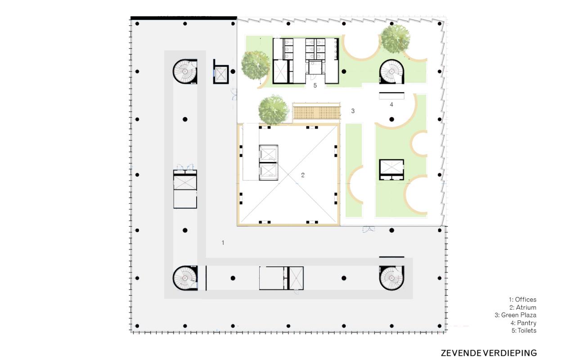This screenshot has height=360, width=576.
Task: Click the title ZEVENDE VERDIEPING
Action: pos(489,353)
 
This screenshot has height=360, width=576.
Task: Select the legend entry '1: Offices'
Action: pos(522,300)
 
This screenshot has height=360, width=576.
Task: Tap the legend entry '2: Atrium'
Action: pos(523,307)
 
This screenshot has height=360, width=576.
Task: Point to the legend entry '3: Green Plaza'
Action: pos(515,315)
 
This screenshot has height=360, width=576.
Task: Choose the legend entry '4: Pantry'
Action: pos(523,323)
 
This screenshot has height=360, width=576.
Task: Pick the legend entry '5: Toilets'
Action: pos(524,330)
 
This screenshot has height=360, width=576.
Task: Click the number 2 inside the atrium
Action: pos(303,175)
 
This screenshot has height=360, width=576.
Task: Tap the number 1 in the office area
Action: pos(223,243)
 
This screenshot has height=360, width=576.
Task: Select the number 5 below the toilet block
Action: pos(315,85)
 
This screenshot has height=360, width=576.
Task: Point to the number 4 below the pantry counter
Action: pos(391,104)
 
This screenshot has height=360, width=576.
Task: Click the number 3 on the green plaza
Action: pos(353,111)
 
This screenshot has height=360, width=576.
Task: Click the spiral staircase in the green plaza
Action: pos(391,72)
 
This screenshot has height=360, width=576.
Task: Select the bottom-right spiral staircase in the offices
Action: pos(391,278)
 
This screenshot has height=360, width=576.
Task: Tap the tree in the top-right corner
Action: pos(395,39)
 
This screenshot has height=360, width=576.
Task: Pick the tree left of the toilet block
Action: pos(256,65)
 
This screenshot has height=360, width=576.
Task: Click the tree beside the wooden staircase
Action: pos(273,110)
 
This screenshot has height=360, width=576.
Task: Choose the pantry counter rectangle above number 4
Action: pos(391,96)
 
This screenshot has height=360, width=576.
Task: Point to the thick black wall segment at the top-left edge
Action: pos(184,18)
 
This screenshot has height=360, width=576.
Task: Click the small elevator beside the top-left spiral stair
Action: pos(221,74)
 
